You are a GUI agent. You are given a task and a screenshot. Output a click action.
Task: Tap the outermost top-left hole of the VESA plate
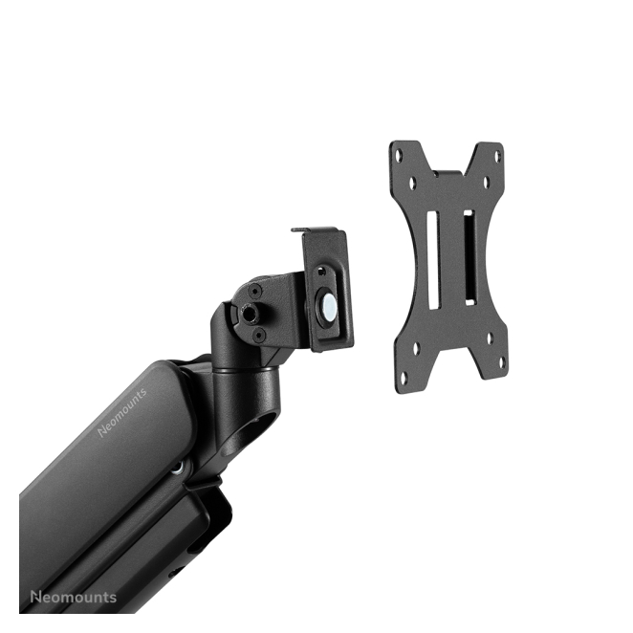tap(399, 155)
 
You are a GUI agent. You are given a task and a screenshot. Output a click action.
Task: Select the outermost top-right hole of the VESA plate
tap(497, 157)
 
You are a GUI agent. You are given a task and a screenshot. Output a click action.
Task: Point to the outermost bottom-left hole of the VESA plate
tap(404, 378)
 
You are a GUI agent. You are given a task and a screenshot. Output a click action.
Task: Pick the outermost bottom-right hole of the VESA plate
tap(502, 362)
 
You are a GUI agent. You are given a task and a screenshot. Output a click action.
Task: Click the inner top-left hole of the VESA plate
tap(412, 184)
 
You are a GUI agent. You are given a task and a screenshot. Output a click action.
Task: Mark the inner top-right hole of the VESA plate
tap(487, 183)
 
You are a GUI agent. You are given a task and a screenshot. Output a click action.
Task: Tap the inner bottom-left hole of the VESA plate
tap(416, 348)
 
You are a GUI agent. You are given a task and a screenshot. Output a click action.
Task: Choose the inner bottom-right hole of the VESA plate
tap(490, 338)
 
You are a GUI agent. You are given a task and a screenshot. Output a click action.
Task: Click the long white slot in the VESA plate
tap(433, 260)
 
